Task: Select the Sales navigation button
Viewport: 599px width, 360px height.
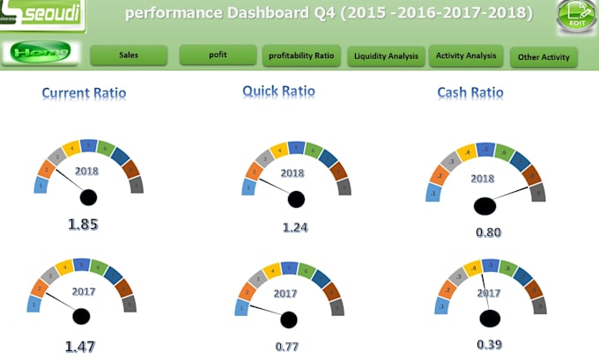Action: (129, 55)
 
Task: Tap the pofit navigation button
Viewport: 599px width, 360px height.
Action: (218, 55)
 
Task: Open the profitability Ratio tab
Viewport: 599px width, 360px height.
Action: (300, 56)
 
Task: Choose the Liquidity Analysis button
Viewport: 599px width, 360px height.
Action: (386, 57)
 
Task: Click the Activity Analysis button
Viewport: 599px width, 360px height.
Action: (466, 56)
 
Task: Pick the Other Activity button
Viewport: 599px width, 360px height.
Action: (544, 58)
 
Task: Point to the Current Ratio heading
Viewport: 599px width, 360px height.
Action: (84, 93)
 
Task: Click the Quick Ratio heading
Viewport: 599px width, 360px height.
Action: (278, 91)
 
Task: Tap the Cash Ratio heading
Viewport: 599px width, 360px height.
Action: (470, 92)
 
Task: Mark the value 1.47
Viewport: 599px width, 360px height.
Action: (81, 347)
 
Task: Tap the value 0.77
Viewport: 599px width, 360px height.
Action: (287, 347)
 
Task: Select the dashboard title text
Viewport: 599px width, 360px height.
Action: (329, 13)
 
